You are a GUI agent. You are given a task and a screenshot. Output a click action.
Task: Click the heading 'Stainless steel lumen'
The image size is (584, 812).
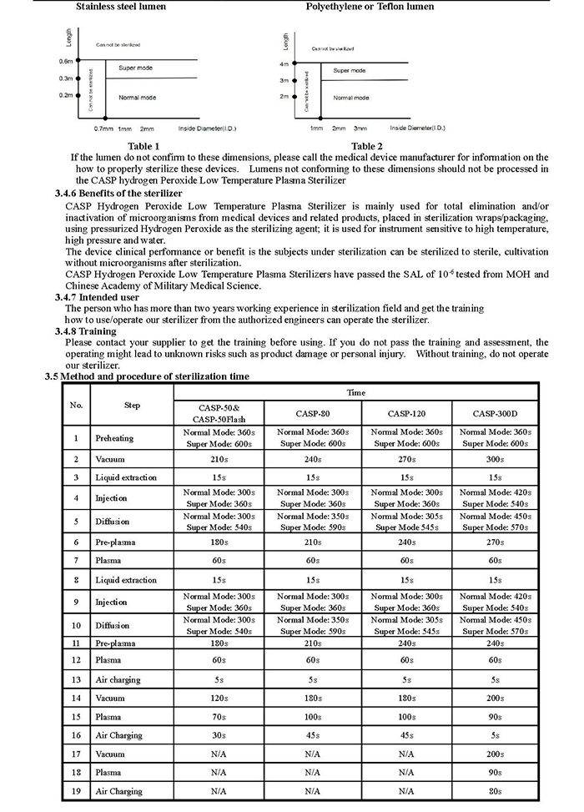tap(121, 7)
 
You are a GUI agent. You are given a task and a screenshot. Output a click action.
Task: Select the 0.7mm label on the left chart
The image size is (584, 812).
tap(103, 129)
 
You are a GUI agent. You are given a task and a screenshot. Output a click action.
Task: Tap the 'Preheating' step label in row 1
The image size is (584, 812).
tap(114, 438)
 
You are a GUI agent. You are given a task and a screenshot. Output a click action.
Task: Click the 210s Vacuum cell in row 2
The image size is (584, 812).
tap(220, 459)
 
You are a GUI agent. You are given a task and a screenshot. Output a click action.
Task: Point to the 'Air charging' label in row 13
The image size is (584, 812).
tap(118, 679)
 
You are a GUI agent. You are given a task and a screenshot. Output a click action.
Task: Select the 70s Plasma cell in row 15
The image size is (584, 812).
tap(220, 716)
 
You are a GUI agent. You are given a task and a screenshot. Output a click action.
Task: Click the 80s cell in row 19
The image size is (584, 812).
tap(496, 790)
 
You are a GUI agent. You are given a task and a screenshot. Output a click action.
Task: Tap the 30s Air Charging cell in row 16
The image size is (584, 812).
tap(220, 735)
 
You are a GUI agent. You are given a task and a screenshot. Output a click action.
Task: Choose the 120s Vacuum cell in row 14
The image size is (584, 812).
tap(220, 698)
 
